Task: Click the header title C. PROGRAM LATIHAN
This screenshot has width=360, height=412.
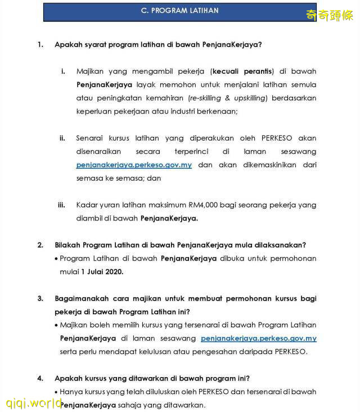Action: coord(180,11)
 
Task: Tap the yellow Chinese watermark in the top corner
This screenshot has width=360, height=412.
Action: coord(328,15)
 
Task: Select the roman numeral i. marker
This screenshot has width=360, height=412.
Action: coord(63,71)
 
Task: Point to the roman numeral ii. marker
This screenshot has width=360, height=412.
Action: coord(62,138)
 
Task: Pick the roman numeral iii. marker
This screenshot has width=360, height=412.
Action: coord(62,205)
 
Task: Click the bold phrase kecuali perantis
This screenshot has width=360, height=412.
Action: coord(242,71)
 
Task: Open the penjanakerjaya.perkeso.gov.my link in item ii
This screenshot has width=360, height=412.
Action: coord(134,165)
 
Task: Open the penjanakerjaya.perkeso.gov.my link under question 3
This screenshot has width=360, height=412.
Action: coord(258,338)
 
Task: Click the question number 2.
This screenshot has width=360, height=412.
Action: coord(40,245)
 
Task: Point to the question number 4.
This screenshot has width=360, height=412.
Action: coord(40,378)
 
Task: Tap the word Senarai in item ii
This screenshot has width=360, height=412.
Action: coord(90,138)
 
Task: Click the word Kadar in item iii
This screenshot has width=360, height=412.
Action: coord(87,205)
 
